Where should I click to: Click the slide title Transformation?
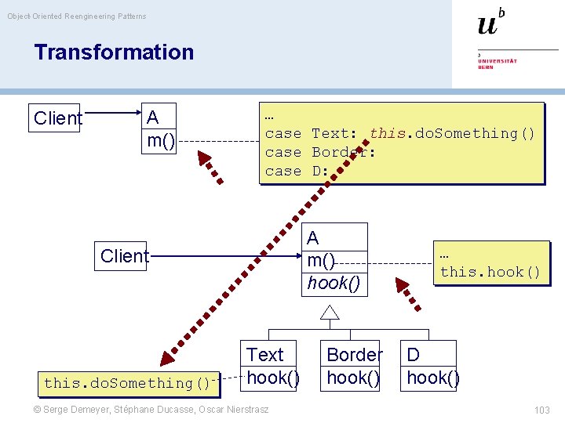114,52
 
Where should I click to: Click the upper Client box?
57,118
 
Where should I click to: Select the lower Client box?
124,256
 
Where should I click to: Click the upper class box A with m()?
160,129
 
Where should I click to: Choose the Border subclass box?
353,366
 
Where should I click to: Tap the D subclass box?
431,366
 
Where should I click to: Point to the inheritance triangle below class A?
330,313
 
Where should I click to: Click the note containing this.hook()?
490,264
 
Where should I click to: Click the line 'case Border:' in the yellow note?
320,152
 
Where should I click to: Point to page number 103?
541,410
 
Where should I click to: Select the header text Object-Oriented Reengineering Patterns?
77,16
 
